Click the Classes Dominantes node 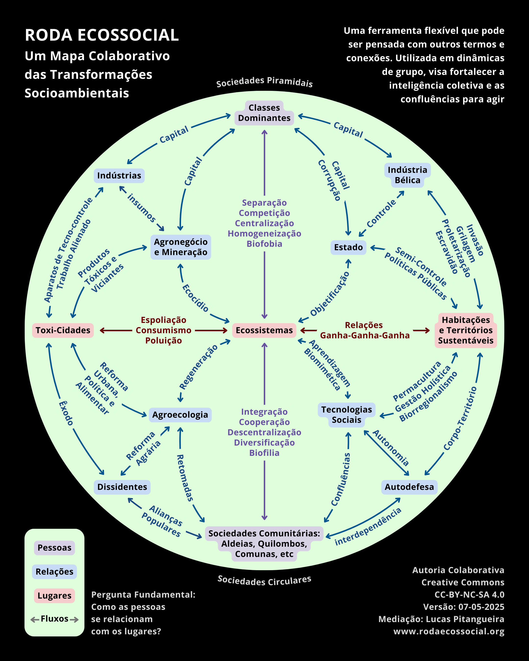coord(264,113)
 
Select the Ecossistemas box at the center coord(264,330)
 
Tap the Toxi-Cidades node coord(63,330)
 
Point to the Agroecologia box coord(180,415)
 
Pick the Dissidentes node coord(122,487)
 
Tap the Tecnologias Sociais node coord(347,415)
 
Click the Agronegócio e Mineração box coord(181,247)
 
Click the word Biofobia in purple coord(264,244)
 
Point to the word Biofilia coord(264,453)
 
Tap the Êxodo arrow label coord(66,413)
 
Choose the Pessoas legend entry coord(54,548)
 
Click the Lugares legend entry coord(54,596)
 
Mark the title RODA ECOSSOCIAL coord(101,35)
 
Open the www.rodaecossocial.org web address coord(449,631)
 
